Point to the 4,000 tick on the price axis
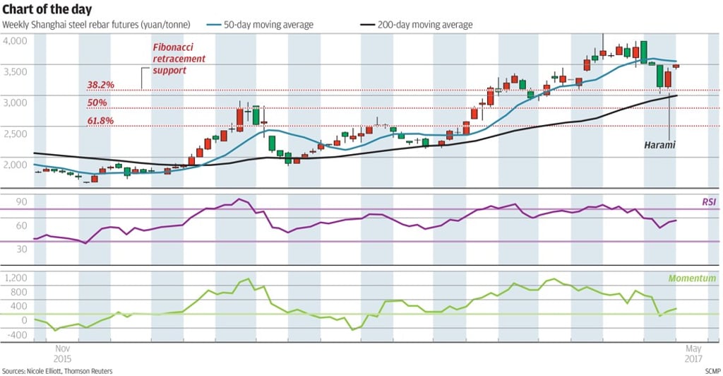[15, 41]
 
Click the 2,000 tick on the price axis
[15, 165]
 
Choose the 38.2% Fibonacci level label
[100, 85]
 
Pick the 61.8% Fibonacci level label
[100, 121]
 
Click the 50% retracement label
[97, 103]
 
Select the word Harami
[660, 145]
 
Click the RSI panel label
[708, 202]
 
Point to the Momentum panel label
[693, 278]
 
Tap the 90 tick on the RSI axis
[21, 202]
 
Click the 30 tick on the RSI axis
[21, 249]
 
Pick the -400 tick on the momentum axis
[15, 334]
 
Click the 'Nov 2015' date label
[63, 353]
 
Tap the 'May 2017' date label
[693, 353]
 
